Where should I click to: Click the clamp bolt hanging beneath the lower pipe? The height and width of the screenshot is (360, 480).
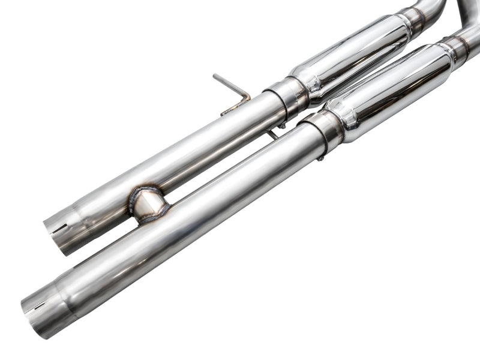pos(322,157)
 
